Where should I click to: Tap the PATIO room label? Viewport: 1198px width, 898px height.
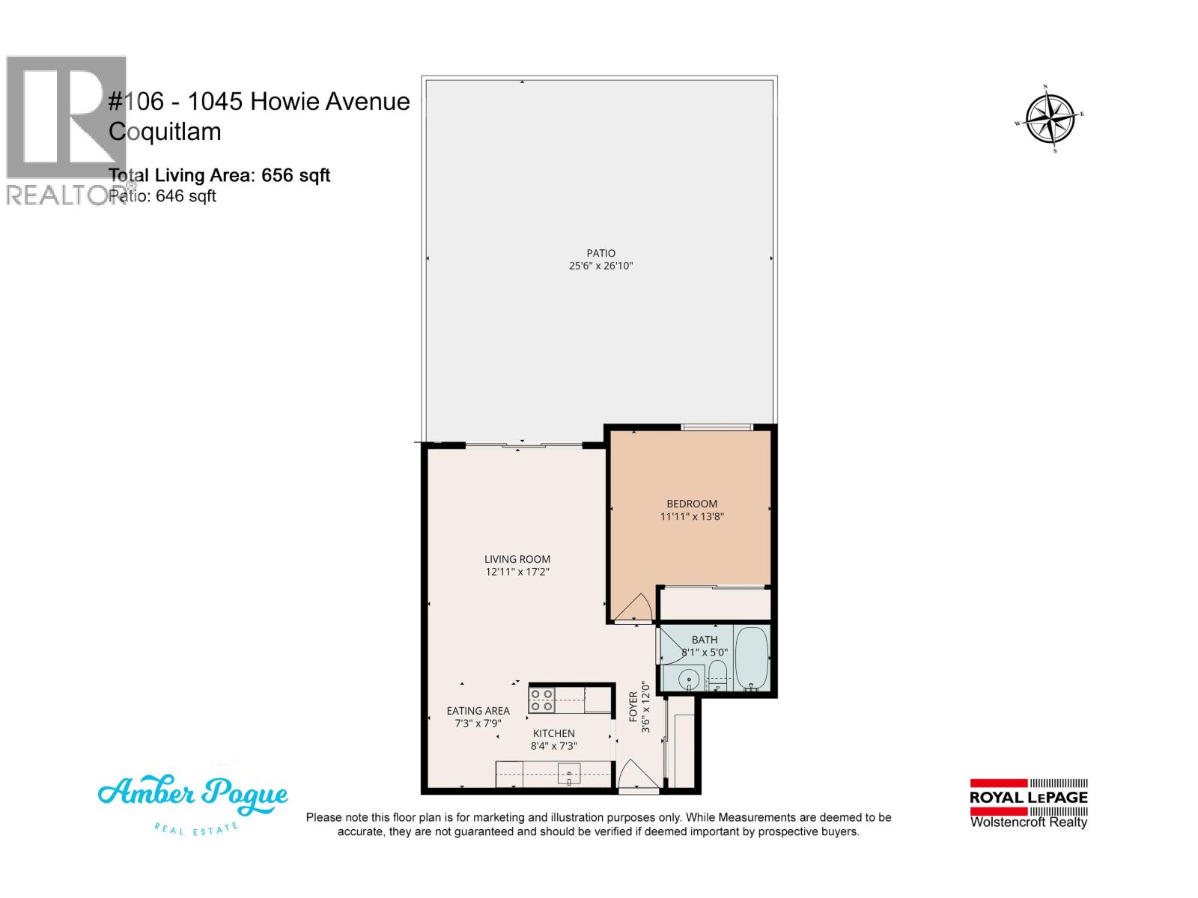pyautogui.click(x=600, y=253)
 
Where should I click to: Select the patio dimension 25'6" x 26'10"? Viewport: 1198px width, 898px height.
pyautogui.click(x=600, y=266)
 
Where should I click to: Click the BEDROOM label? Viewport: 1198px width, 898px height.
pyautogui.click(x=692, y=504)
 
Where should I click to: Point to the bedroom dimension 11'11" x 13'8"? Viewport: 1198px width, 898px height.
pyautogui.click(x=692, y=516)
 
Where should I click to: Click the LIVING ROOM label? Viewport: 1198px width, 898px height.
pyautogui.click(x=517, y=559)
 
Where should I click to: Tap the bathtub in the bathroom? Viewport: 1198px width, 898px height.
pyautogui.click(x=751, y=659)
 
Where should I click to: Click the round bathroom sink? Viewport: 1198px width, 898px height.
pyautogui.click(x=689, y=679)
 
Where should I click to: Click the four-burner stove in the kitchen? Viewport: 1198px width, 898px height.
pyautogui.click(x=541, y=700)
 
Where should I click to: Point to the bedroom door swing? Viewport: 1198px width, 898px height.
pyautogui.click(x=635, y=608)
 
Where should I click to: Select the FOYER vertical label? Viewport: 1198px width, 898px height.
pyautogui.click(x=633, y=706)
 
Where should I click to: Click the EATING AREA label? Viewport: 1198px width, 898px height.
pyautogui.click(x=478, y=711)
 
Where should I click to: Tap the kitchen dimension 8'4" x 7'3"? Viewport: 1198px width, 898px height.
pyautogui.click(x=553, y=746)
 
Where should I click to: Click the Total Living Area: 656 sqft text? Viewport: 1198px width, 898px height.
pyautogui.click(x=219, y=175)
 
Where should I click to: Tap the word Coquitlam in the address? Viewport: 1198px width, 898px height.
pyautogui.click(x=165, y=132)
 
